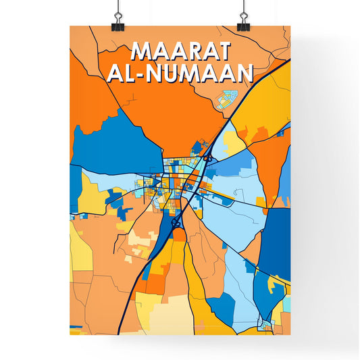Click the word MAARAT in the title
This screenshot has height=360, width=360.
tap(181, 51)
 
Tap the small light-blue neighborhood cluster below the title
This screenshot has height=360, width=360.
tap(226, 101)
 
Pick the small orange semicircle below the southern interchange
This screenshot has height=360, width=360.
tap(179, 234)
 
